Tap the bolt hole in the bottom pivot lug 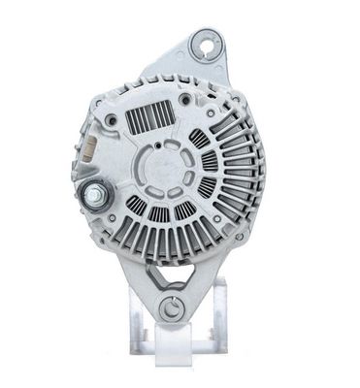tap(172, 309)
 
